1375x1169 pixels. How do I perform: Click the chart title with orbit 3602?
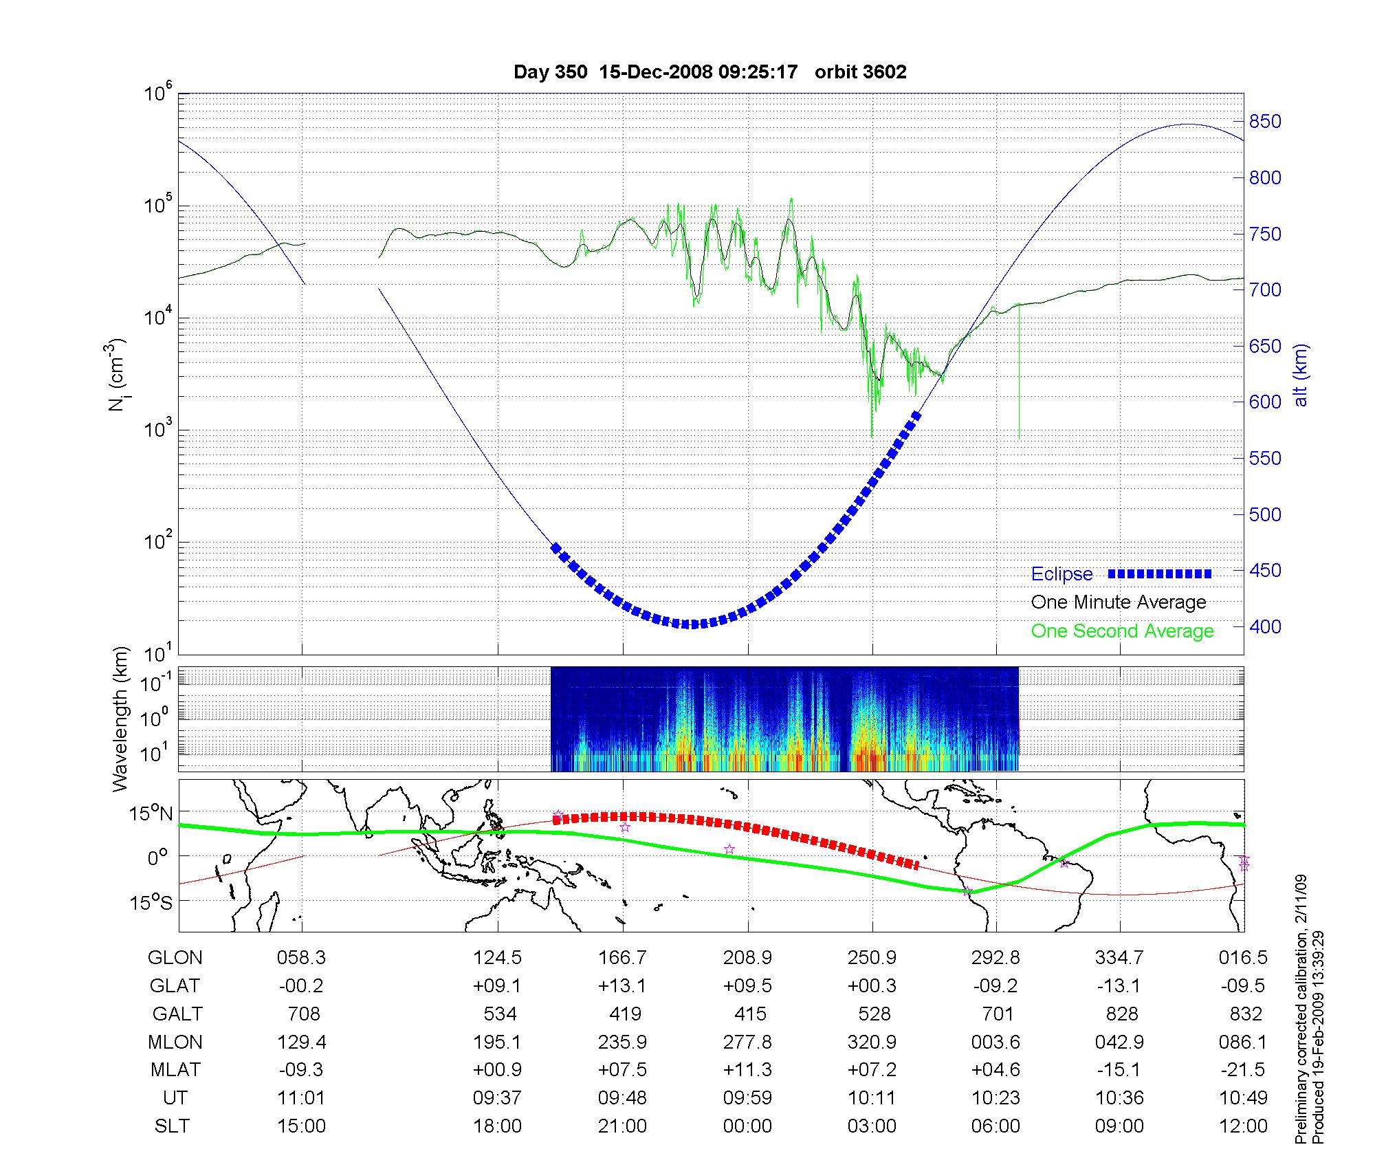(x=709, y=72)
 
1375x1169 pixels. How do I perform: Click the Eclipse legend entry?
(x=1061, y=574)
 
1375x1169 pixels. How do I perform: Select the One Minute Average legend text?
(x=1119, y=602)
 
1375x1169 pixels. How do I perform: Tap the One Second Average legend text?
(x=1122, y=631)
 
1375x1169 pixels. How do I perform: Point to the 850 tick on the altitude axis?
(x=1264, y=122)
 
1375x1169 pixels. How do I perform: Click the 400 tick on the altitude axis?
(x=1264, y=626)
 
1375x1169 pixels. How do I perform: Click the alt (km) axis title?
(x=1301, y=375)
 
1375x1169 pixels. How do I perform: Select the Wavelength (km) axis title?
(x=121, y=719)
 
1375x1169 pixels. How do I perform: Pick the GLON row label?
(x=175, y=958)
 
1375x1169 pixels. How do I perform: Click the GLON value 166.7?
(x=623, y=958)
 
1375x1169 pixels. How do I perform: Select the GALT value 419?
(x=624, y=1014)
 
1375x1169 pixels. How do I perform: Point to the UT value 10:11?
(x=872, y=1098)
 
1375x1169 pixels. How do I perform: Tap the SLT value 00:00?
(x=747, y=1126)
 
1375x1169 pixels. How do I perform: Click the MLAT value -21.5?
(x=1243, y=1070)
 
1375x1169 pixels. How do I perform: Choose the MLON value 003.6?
(x=995, y=1042)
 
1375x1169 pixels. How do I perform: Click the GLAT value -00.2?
(x=301, y=986)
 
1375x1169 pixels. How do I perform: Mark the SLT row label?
(x=172, y=1126)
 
